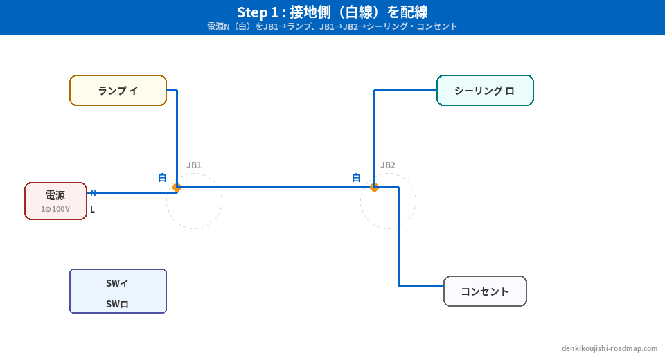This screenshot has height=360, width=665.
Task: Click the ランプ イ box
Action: (x=118, y=91)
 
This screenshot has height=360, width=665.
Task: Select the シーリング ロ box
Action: (x=485, y=91)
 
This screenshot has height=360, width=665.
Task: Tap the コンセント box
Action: (x=485, y=291)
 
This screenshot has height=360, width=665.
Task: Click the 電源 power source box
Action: (x=55, y=201)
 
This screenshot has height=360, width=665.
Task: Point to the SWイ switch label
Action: (x=118, y=282)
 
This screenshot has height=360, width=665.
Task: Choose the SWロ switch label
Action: (x=118, y=304)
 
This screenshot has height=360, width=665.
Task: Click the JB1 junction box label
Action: (x=194, y=165)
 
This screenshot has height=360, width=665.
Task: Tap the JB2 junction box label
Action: (x=388, y=165)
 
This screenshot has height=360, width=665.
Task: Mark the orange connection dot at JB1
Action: (x=177, y=187)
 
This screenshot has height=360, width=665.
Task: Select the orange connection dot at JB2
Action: (x=374, y=187)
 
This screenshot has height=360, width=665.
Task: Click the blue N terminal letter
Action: (x=93, y=193)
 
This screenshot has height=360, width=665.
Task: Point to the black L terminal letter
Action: (x=93, y=210)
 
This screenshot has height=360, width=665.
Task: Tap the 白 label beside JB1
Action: (x=163, y=178)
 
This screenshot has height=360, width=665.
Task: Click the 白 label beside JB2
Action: (x=357, y=178)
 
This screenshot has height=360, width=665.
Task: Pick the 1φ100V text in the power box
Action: (x=55, y=208)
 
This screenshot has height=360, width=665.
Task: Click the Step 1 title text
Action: (x=332, y=12)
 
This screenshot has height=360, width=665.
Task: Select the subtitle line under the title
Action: (x=332, y=26)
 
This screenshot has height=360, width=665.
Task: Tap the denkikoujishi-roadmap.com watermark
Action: (x=610, y=348)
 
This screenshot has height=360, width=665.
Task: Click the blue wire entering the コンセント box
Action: (x=423, y=285)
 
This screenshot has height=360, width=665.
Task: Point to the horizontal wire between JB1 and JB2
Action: (x=277, y=187)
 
